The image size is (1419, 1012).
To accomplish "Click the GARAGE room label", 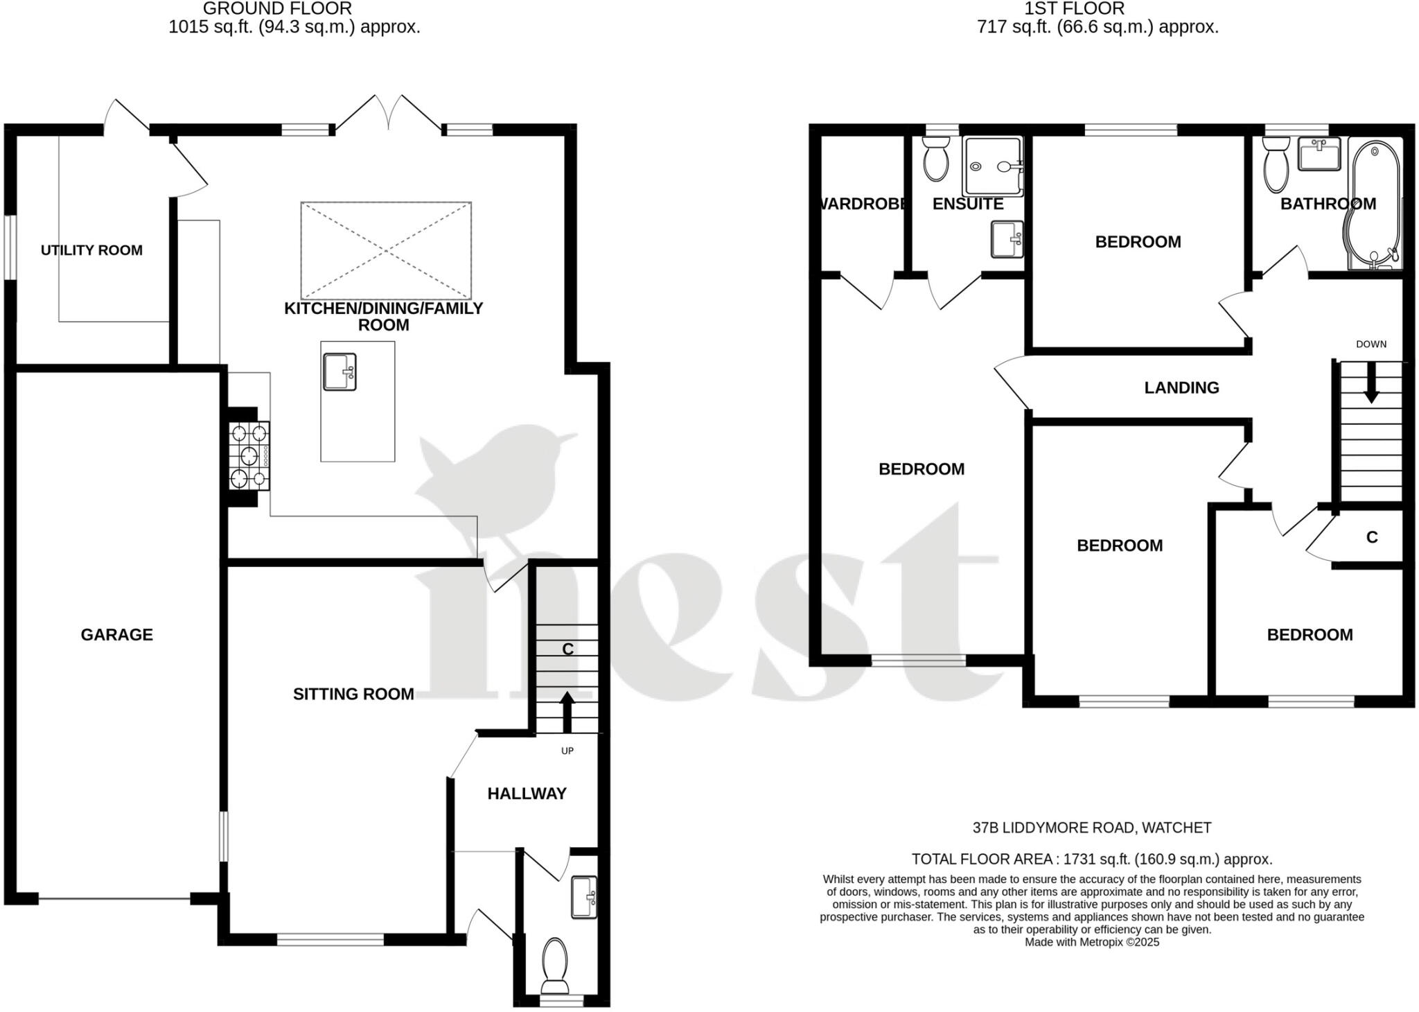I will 116,634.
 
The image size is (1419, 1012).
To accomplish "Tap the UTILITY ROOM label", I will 91,250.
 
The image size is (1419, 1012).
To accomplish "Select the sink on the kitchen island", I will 340,372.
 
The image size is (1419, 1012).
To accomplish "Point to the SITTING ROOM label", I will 353,694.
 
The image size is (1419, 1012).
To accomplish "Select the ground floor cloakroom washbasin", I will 583,898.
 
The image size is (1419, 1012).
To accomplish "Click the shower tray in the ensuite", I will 992,166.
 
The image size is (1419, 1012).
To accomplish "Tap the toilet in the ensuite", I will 936,159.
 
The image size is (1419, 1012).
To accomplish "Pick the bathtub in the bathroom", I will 1375,204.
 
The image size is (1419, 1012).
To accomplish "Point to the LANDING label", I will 1181,387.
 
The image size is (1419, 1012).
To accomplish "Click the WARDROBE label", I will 862,204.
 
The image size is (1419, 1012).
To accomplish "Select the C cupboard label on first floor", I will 1371,537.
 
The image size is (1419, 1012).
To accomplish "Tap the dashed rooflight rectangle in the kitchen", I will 386,250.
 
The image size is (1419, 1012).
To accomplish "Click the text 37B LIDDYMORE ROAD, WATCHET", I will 1091,828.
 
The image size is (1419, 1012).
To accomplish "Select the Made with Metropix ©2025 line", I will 1091,942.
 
